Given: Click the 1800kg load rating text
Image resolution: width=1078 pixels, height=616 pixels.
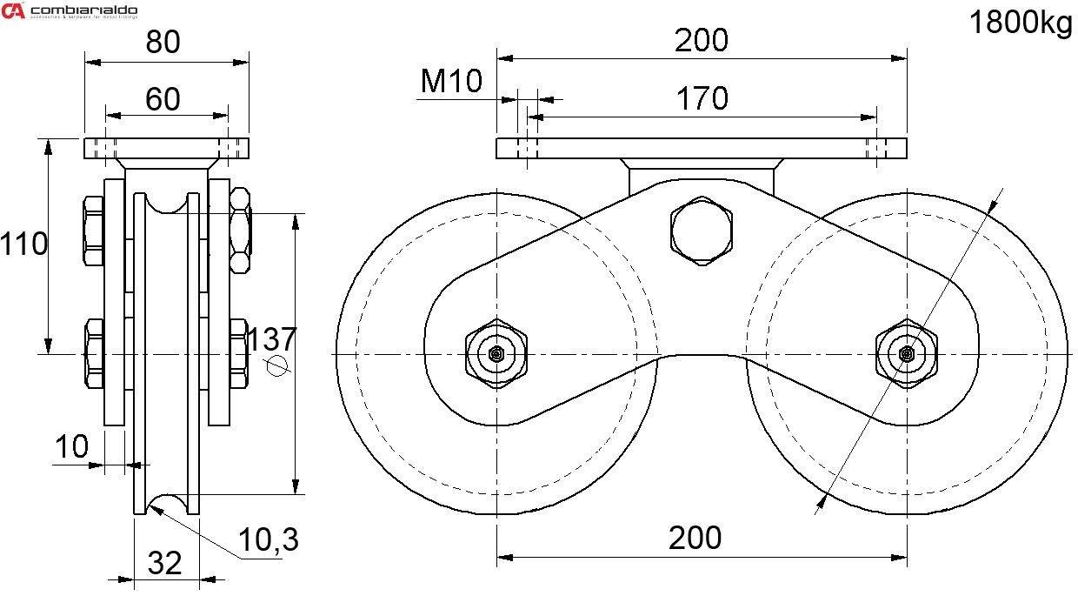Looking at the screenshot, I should click(x=1021, y=23).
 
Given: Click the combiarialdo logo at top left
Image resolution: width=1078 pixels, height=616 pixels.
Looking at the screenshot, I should click(x=70, y=10).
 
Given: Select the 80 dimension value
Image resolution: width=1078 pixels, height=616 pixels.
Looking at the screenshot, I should click(x=163, y=42).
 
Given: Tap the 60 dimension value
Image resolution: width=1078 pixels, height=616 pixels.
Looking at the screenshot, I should click(x=163, y=98).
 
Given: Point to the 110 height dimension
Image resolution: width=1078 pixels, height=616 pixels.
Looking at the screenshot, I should click(x=23, y=244).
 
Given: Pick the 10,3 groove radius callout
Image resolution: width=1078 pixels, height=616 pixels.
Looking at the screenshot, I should click(x=269, y=540).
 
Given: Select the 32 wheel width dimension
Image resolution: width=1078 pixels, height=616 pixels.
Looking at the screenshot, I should click(x=164, y=563).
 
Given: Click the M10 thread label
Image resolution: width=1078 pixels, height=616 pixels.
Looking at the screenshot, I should click(x=451, y=81).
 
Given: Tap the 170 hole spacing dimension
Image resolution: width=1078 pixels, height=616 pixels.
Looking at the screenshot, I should click(x=702, y=98).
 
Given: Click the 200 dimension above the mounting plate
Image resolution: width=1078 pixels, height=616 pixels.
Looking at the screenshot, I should click(x=702, y=40).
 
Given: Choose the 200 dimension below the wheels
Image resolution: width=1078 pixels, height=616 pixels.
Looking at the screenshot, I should click(x=695, y=539).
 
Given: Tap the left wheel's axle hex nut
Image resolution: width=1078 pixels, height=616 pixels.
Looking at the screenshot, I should click(x=496, y=353).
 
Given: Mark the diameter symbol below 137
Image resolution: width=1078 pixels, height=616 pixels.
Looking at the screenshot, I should click(x=277, y=366).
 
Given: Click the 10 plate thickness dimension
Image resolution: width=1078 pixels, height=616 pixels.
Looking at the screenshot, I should click(x=72, y=446).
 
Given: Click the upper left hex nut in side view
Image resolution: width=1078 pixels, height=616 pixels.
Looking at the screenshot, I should click(x=93, y=231).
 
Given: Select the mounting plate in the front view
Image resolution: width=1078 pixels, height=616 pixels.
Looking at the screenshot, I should click(x=702, y=149).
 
